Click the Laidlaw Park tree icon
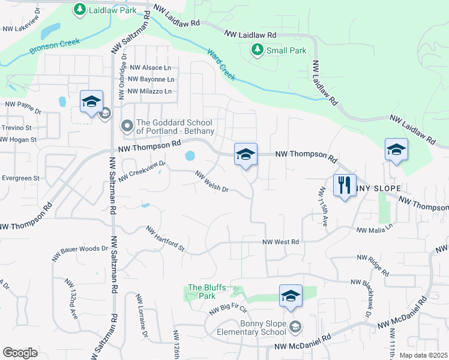[x=79, y=9]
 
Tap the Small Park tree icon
[x=258, y=50]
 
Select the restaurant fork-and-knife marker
[x=345, y=184]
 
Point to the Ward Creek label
[x=221, y=64]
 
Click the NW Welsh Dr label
[x=212, y=182]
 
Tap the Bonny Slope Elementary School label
[x=263, y=328]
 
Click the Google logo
[x=20, y=353]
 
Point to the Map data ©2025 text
[x=423, y=355]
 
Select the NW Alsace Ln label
[x=149, y=68]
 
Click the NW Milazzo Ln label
[x=150, y=91]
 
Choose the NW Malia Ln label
[x=374, y=229]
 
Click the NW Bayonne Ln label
[x=151, y=79]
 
